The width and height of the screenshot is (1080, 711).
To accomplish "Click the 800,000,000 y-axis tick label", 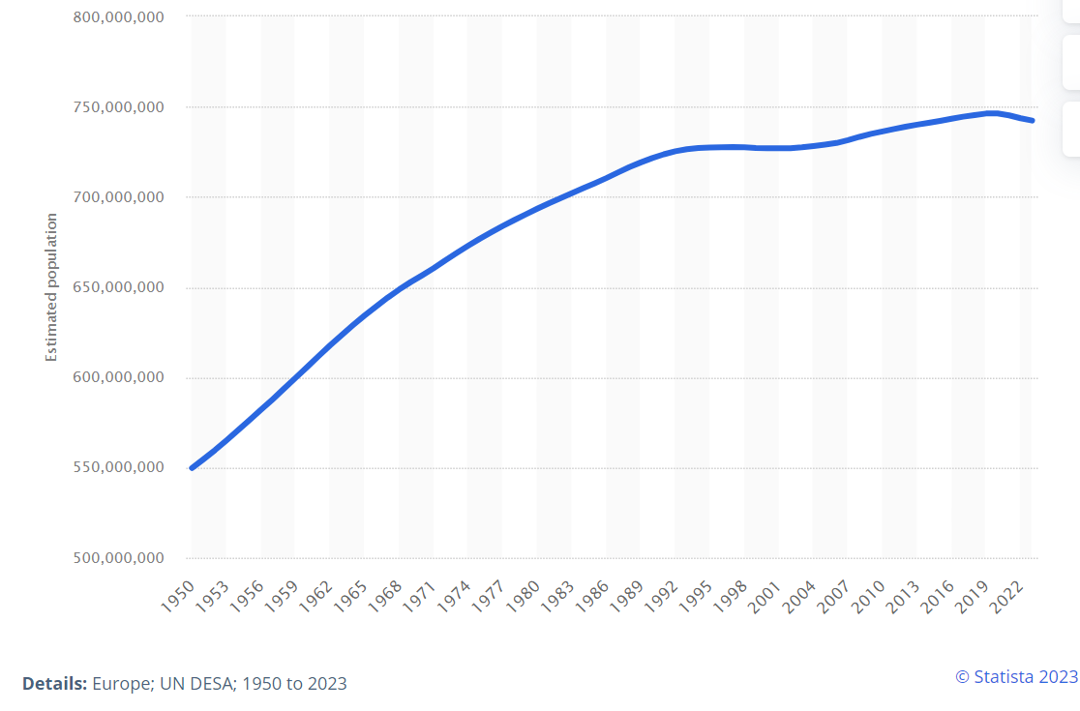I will pyautogui.click(x=118, y=17).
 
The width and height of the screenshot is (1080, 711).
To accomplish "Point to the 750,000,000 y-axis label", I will pyautogui.click(x=118, y=107).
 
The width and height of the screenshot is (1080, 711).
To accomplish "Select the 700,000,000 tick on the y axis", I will pyautogui.click(x=118, y=197).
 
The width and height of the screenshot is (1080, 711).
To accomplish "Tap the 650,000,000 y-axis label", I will pyautogui.click(x=118, y=288).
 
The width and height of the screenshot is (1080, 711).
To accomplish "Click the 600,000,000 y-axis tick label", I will pyautogui.click(x=118, y=378).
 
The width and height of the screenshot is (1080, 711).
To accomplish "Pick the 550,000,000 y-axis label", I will pyautogui.click(x=118, y=468).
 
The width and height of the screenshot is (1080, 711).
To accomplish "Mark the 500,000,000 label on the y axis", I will pyautogui.click(x=118, y=558).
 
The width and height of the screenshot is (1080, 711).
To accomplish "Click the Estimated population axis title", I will pyautogui.click(x=51, y=287).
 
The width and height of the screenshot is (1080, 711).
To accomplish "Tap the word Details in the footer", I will pyautogui.click(x=54, y=683).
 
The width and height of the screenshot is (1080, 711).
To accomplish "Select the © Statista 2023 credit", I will pyautogui.click(x=1016, y=676).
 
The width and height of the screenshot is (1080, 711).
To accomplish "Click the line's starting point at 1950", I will pyautogui.click(x=192, y=468).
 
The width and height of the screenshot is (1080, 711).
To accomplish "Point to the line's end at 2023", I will pyautogui.click(x=1033, y=121).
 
